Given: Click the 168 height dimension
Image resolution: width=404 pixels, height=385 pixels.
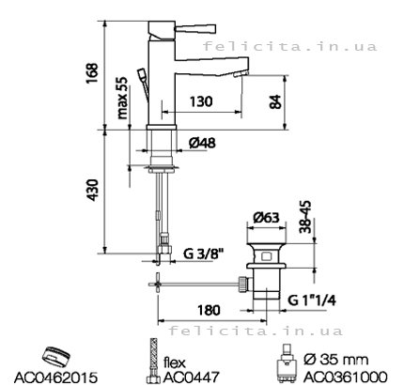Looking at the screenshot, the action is coord(93,73).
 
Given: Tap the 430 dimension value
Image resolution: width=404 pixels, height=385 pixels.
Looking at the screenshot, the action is coord(93,190).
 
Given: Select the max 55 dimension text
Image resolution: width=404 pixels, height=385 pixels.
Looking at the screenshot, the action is coord(122,98).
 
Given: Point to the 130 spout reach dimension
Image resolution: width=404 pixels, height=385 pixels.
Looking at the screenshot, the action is coord(201,101).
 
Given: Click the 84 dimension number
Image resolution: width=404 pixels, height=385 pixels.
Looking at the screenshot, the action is coord(275,101).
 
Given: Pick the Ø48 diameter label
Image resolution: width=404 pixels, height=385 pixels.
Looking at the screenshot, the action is coord(202,143).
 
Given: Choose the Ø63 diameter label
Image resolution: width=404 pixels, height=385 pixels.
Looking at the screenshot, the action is coord(266,217).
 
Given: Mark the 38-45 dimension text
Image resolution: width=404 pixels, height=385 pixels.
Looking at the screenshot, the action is coord(305,217).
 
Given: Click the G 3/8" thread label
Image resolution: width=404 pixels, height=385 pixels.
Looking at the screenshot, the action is coord(204,254).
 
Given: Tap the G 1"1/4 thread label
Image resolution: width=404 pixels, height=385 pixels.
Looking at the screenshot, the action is coord(312,300).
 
